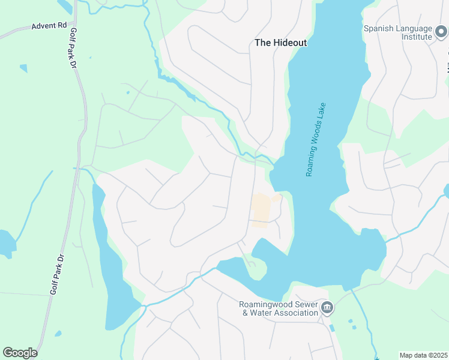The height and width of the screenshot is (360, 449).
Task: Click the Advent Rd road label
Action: click(49, 26)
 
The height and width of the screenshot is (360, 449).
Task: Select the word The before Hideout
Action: click(263, 43)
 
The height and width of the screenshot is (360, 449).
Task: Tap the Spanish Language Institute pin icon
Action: click(441, 31)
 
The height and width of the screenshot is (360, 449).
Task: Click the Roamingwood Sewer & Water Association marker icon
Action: click(327, 308)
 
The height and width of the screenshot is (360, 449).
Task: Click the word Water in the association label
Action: click(261, 313)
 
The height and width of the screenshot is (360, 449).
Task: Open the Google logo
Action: click(20, 353)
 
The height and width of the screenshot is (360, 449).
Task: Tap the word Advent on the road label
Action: click(43, 27)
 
